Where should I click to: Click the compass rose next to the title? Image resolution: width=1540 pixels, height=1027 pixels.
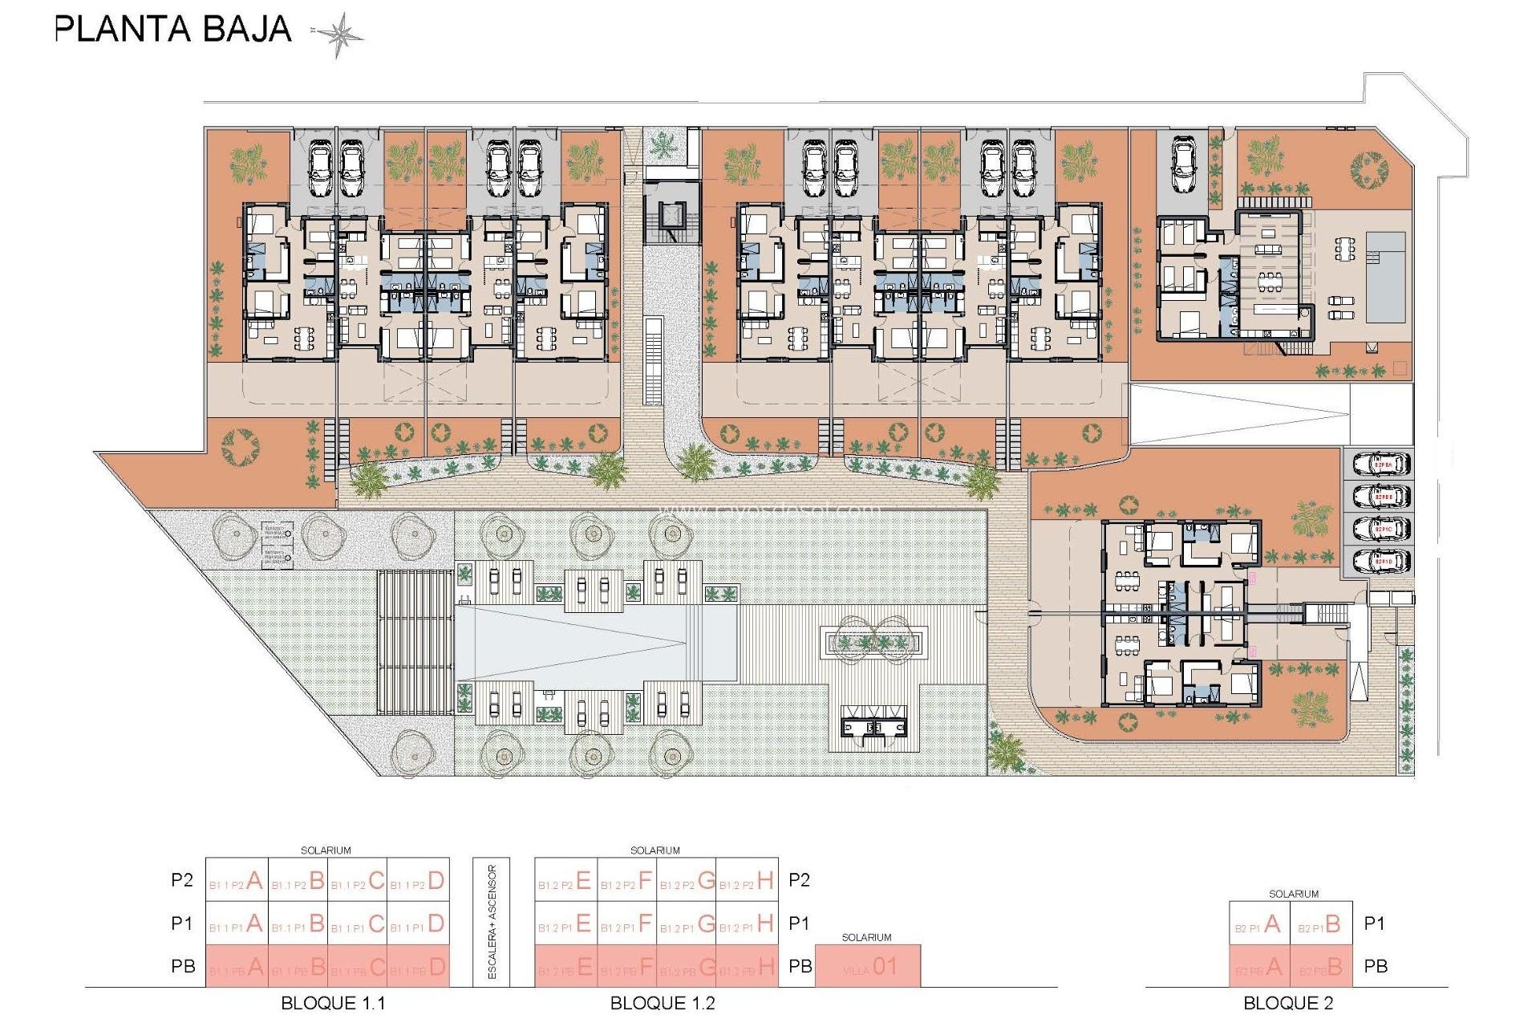point(338,35)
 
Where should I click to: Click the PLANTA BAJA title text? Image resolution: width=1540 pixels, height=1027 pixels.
point(173,30)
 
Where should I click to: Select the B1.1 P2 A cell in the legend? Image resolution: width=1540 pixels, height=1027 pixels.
point(237,880)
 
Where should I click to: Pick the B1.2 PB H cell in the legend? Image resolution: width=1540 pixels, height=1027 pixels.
point(747,967)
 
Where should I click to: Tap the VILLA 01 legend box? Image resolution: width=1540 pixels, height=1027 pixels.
point(868,967)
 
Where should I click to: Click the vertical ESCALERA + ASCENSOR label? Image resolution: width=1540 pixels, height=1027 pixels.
point(492,922)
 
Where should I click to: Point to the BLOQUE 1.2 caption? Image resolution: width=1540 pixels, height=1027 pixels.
point(663,1003)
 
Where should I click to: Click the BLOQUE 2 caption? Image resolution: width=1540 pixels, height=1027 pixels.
point(1288,1003)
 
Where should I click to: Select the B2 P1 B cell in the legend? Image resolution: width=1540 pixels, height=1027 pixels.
point(1320,924)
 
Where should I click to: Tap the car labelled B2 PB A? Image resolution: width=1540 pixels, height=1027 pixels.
point(1381,465)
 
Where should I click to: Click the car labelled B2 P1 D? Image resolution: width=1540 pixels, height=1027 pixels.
point(1381,561)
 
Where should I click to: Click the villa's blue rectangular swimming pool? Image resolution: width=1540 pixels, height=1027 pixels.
point(1386,277)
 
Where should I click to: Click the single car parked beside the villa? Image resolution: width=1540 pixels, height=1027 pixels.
point(1184,164)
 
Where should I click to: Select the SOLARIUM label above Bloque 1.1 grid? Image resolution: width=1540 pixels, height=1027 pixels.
point(326,850)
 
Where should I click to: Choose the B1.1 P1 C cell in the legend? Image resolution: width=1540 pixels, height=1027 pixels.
point(358,924)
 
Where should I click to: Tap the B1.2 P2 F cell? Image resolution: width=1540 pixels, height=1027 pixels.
point(627,880)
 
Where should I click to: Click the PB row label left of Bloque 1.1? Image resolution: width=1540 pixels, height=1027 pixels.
point(183,966)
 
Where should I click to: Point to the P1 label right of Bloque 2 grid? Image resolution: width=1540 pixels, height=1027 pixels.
point(1375,923)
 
